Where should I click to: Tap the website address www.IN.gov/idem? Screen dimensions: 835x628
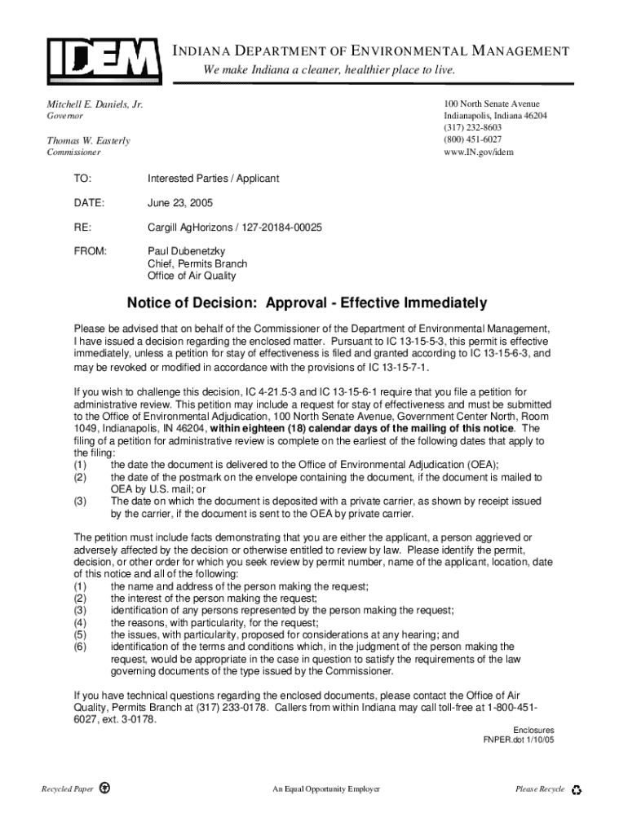pyautogui.click(x=479, y=152)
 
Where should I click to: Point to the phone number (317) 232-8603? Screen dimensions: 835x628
pyautogui.click(x=473, y=128)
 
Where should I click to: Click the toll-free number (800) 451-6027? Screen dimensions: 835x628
pyautogui.click(x=473, y=139)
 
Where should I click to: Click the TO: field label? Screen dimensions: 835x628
pyautogui.click(x=82, y=179)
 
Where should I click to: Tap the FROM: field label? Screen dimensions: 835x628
pyautogui.click(x=90, y=252)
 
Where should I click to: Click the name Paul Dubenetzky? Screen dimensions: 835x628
pyautogui.click(x=186, y=252)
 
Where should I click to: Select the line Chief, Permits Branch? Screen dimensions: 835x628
pyautogui.click(x=197, y=264)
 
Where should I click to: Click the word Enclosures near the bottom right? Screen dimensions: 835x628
pyautogui.click(x=533, y=730)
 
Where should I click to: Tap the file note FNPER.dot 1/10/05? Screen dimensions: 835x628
pyautogui.click(x=519, y=740)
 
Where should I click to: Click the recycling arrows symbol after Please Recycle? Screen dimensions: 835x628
pyautogui.click(x=577, y=789)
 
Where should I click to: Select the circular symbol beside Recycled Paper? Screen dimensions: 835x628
pyautogui.click(x=104, y=789)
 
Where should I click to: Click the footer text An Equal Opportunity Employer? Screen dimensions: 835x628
pyautogui.click(x=326, y=789)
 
